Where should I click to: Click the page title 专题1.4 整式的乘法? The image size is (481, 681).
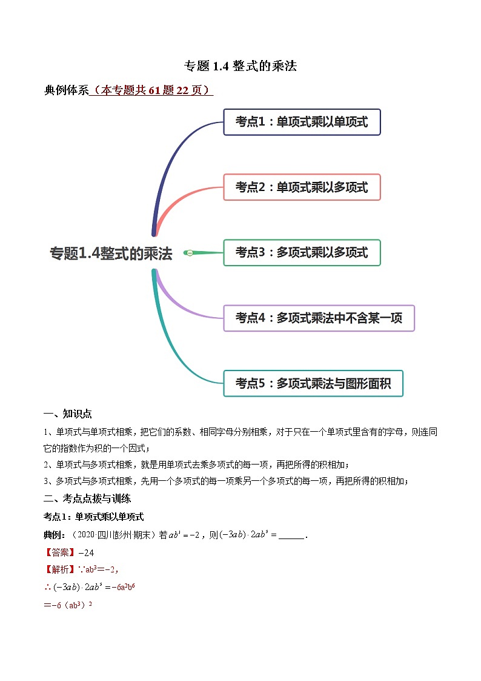[240, 66]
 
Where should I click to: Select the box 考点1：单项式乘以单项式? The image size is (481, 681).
[302, 122]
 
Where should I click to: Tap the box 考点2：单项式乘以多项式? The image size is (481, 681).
[302, 187]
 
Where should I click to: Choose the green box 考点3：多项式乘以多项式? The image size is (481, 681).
[302, 252]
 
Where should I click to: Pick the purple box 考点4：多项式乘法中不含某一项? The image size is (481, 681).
[319, 318]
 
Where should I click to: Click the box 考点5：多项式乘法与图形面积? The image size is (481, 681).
[313, 383]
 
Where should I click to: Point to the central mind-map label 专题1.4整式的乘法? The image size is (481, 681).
[111, 253]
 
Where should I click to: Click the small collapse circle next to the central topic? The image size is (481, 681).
[190, 253]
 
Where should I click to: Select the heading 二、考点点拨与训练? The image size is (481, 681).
[87, 498]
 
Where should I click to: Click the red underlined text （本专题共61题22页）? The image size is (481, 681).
[151, 90]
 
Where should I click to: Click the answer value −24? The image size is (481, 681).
[86, 552]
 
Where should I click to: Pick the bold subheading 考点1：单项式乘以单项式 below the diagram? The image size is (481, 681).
[93, 517]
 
